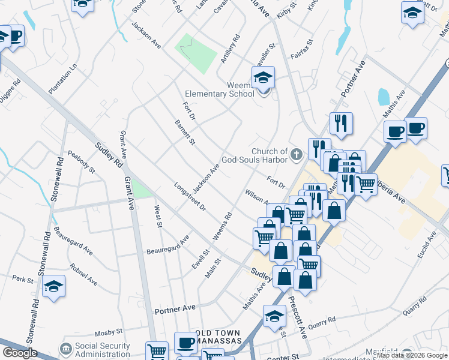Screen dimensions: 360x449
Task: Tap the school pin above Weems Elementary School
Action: [263, 78]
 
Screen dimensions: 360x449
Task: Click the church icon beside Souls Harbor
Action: [295, 155]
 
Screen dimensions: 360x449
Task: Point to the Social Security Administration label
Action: [102, 350]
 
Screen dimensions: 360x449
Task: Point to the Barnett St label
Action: [185, 132]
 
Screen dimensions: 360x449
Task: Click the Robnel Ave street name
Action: [83, 274]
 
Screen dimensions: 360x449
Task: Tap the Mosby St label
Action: [109, 331]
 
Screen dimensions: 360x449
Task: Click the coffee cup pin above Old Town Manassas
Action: [186, 343]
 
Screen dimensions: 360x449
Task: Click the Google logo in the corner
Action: [20, 353]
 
